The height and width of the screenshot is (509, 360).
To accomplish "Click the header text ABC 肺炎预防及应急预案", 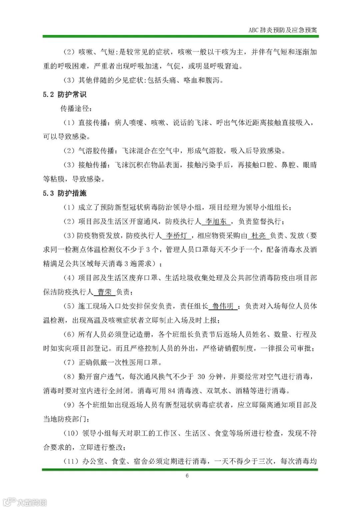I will pos(283,30).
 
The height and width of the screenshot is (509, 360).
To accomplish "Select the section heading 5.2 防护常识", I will pos(65,95).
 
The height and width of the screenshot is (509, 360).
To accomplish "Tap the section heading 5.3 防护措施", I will pos(65,193).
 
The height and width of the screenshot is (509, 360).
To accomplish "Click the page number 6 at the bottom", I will pos(187,476).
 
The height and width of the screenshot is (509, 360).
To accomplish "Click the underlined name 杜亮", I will pos(259,236).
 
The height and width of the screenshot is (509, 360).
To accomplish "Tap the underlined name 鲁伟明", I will pos(223,306).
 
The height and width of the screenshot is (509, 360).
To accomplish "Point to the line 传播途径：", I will pos(75,109).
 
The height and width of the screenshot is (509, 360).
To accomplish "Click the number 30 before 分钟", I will pos(201,377).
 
